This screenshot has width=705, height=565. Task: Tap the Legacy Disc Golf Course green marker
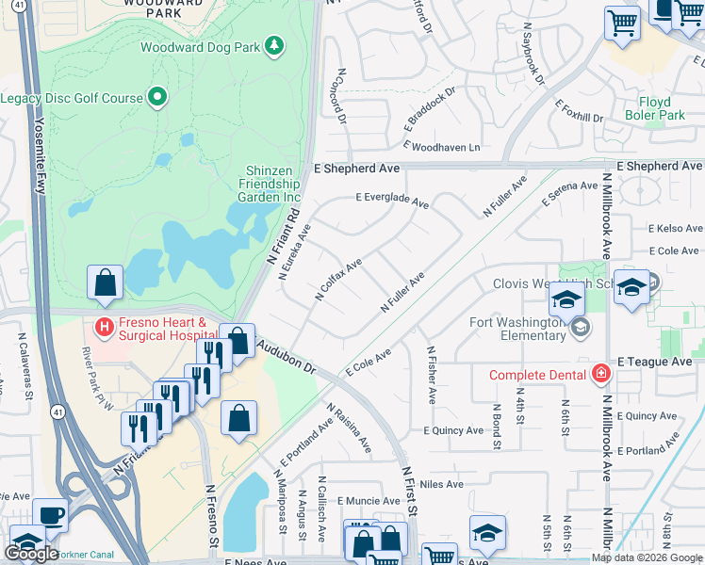click(157, 98)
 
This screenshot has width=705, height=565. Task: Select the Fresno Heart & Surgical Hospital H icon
click(105, 327)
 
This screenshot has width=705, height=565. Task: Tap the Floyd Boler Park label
click(654, 108)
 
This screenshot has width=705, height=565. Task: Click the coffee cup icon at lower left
click(51, 515)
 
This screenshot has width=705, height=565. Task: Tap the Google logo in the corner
click(31, 553)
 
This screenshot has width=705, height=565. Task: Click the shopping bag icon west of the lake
click(106, 282)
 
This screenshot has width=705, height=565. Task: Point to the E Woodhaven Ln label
click(441, 147)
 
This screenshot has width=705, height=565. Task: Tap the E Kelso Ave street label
click(675, 229)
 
